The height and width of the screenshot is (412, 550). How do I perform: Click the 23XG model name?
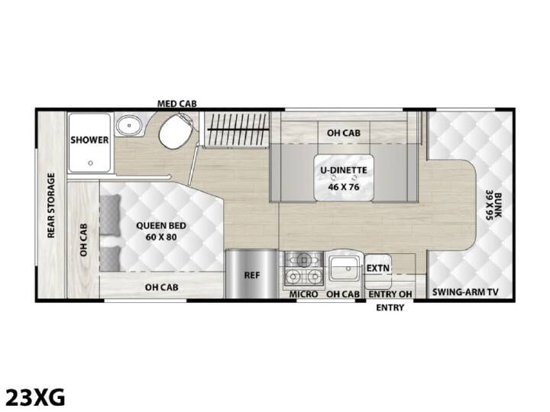36,398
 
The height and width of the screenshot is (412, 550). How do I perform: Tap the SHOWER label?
89,140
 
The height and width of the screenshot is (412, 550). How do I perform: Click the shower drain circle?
90,163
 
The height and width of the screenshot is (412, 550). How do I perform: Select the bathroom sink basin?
129,125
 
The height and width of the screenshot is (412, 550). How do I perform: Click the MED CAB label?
176,104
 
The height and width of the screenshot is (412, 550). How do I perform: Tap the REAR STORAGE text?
51,205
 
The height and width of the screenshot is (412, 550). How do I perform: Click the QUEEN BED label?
161,226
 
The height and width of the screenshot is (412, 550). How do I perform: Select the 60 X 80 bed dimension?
161,237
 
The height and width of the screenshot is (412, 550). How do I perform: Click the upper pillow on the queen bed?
110,214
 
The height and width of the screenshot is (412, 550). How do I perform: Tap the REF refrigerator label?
252,275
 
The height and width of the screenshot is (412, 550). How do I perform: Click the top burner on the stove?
304,259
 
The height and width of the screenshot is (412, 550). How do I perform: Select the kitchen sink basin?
344,268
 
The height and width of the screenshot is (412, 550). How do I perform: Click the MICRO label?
303,295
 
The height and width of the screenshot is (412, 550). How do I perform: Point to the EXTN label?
378,269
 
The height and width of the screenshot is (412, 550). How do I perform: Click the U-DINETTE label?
344,170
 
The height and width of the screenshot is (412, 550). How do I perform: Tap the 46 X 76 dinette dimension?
344,187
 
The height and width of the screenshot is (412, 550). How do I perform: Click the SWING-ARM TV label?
465,292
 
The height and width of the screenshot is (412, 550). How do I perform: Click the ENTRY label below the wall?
390,308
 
